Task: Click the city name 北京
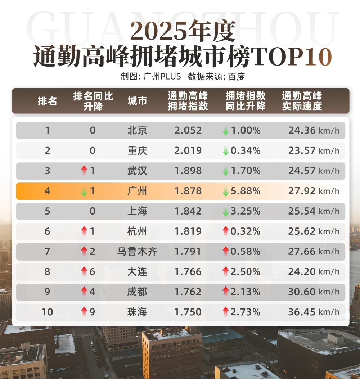(x=137, y=130)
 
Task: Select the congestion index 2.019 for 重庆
(x=188, y=150)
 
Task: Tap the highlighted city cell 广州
(x=137, y=191)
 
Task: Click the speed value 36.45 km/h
(x=313, y=312)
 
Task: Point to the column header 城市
(x=137, y=101)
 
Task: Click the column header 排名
(x=48, y=101)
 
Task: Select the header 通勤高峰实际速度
(x=302, y=101)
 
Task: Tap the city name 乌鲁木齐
(x=137, y=251)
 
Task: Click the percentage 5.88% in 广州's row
(x=246, y=191)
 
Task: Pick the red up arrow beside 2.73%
(x=226, y=312)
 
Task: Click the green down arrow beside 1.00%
(x=226, y=131)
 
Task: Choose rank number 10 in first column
(x=48, y=312)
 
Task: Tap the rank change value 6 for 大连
(x=92, y=271)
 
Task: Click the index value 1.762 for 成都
(x=188, y=292)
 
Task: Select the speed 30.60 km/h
(x=313, y=292)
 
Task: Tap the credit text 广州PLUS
(x=162, y=77)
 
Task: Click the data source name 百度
(x=237, y=77)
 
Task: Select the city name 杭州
(x=137, y=231)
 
